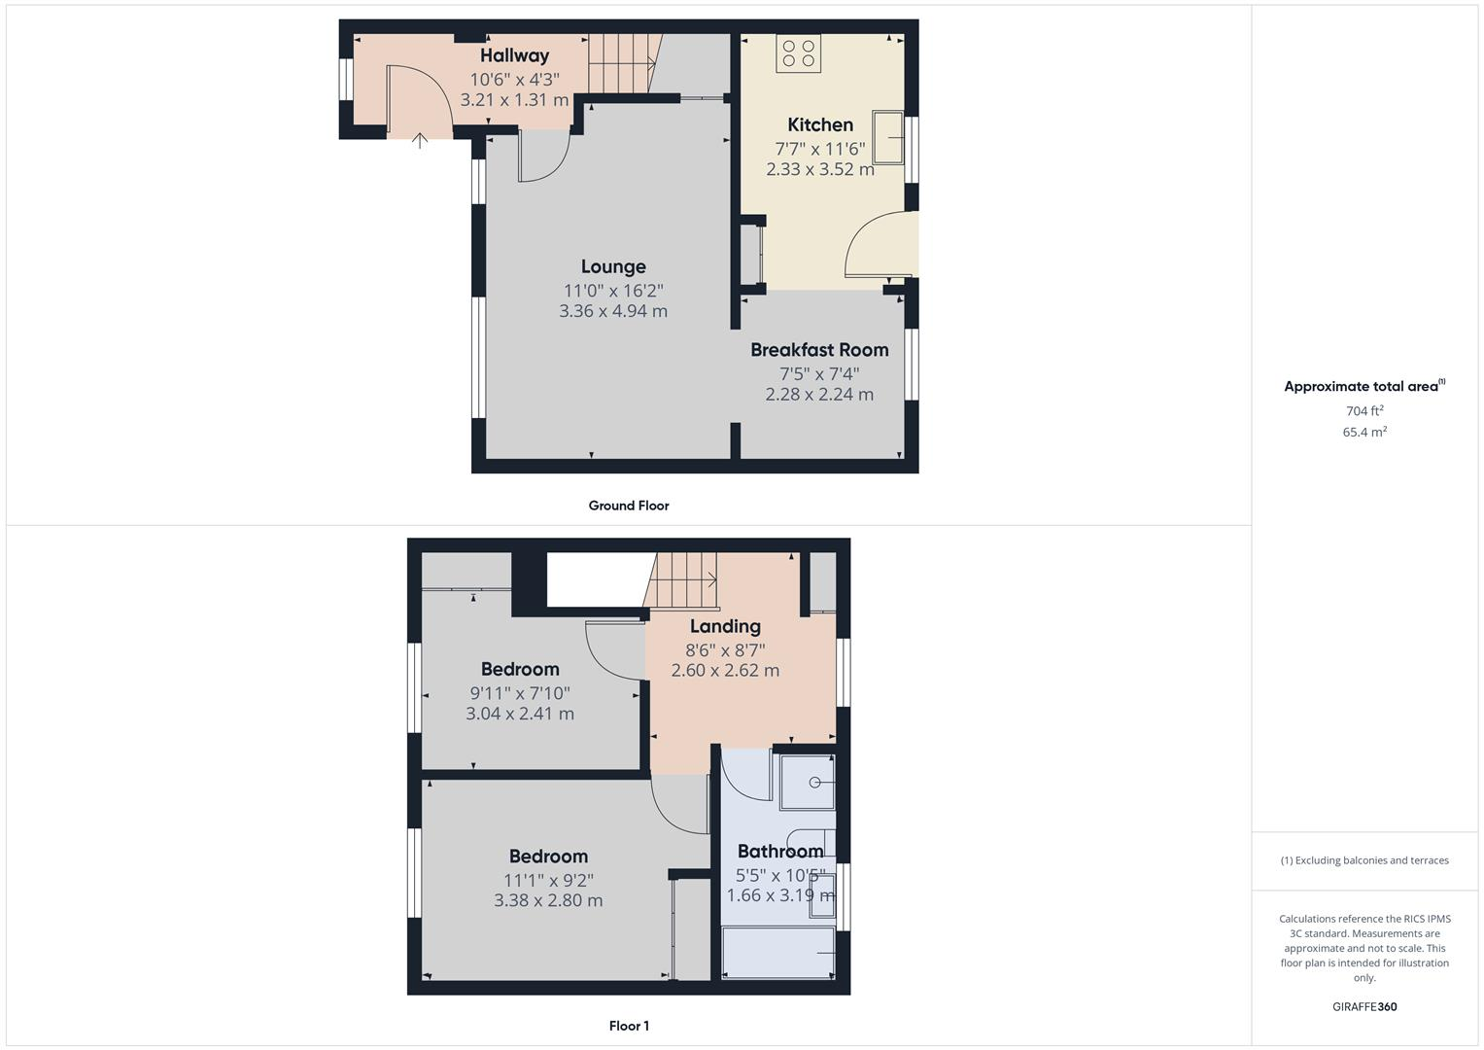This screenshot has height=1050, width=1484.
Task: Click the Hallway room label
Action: [x=514, y=55]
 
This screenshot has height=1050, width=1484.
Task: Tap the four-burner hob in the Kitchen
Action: [x=798, y=53]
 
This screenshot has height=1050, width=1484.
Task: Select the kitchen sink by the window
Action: [x=888, y=137]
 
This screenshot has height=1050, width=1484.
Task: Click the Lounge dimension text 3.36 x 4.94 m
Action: [x=612, y=311]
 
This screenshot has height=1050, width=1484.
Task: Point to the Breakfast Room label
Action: [x=818, y=350]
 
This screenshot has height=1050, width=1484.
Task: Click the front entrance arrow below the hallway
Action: [x=419, y=141]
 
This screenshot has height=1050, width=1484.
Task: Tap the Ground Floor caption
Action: [x=628, y=506]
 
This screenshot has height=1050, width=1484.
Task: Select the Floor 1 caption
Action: [x=628, y=1026]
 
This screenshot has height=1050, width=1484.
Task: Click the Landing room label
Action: [x=725, y=626]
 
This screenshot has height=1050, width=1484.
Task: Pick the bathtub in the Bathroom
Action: [x=778, y=952]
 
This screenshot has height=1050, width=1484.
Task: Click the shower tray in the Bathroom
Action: [x=808, y=782]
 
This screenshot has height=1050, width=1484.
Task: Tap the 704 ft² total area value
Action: [x=1364, y=411]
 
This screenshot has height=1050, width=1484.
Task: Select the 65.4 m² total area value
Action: [x=1364, y=432]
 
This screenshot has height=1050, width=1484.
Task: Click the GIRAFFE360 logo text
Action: [x=1364, y=1007]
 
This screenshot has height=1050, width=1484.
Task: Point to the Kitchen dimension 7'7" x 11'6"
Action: [x=819, y=149]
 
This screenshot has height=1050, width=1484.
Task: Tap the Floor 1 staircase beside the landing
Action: [x=682, y=580]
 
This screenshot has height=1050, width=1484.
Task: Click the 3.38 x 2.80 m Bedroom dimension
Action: [x=548, y=900]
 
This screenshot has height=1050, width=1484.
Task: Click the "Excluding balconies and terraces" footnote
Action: [x=1364, y=860]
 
